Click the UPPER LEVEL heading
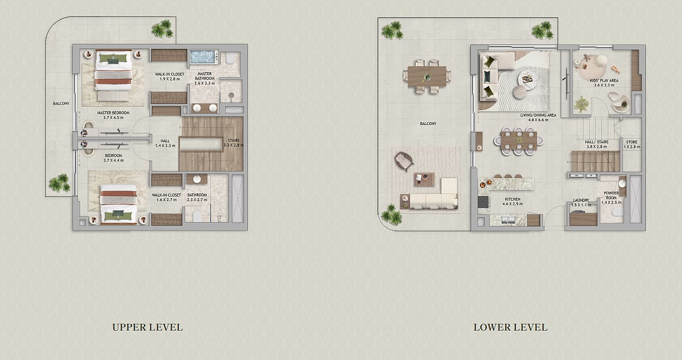point(147,327)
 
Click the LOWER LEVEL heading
point(510,327)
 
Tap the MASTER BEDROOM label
point(113,113)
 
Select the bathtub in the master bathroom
point(205,57)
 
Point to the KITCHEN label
point(512,199)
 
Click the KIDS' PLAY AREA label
point(604,81)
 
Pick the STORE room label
point(632,142)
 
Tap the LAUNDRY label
point(581,200)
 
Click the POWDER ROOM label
point(611,196)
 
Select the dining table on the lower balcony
point(427,76)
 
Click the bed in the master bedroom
point(113,71)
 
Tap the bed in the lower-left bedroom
point(118,204)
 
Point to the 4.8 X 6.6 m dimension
point(538,120)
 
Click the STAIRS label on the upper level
point(233,141)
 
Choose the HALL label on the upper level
point(165,141)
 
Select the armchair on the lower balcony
point(404,161)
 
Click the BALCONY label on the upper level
point(61,103)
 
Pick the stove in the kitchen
point(483,202)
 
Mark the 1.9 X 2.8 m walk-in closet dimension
point(170,79)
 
